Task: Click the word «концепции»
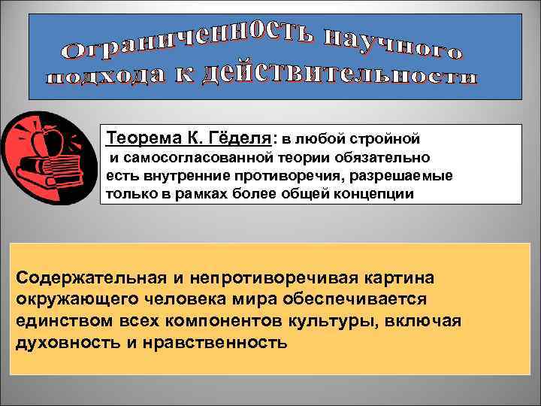click(378, 192)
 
